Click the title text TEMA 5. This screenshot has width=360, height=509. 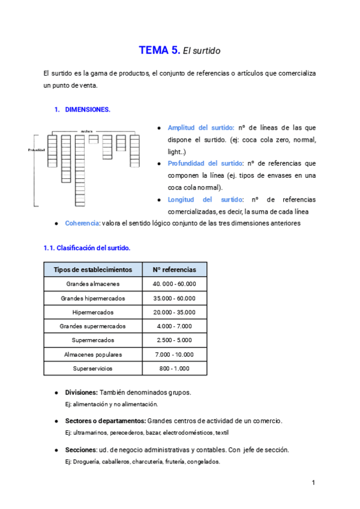(159, 51)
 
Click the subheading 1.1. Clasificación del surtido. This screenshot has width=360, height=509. (86, 248)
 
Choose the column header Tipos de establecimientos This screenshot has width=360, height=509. (92, 270)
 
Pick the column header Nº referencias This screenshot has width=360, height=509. (174, 270)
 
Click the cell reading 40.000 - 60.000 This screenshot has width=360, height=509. (174, 284)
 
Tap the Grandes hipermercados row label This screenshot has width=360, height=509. (92, 298)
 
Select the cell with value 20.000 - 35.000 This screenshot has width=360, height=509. (174, 312)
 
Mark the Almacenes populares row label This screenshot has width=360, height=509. (92, 354)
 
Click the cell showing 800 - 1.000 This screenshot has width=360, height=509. (174, 368)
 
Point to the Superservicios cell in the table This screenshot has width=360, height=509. (92, 368)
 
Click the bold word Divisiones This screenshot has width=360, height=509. (80, 393)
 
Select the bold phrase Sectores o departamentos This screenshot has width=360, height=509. (104, 421)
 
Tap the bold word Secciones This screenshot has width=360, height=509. (80, 450)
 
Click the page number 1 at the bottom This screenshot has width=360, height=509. (314, 483)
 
